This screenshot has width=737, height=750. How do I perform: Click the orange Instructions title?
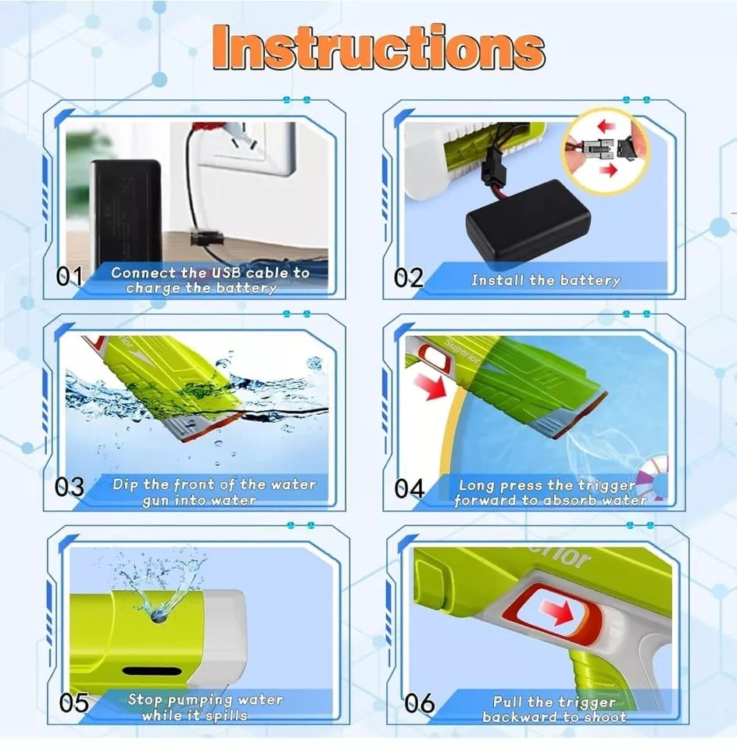[378, 48]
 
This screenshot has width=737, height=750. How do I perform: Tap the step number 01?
[70, 276]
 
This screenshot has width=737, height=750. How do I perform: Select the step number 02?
[409, 278]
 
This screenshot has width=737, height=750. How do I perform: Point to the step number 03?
[70, 487]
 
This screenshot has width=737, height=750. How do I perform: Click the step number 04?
[410, 489]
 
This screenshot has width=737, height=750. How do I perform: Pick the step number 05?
[74, 702]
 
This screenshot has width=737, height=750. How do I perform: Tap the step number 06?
[419, 703]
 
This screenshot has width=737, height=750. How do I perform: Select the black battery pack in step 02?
[528, 221]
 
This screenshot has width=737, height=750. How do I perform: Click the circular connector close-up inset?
[606, 149]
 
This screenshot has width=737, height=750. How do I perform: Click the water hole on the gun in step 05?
[159, 616]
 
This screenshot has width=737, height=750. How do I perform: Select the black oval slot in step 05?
[152, 672]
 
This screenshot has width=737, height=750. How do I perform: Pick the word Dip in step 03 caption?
[125, 484]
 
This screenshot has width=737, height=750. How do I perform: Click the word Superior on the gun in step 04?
[462, 351]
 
